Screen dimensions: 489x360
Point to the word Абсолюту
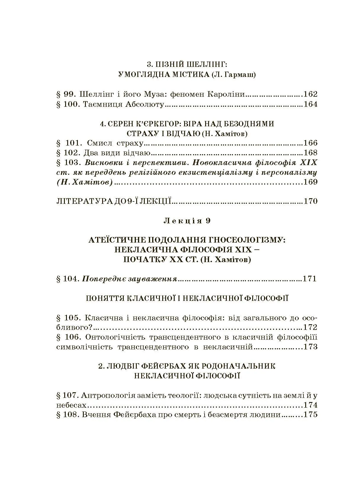(145, 104)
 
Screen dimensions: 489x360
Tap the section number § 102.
(68, 153)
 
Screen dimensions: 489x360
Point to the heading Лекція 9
(187, 221)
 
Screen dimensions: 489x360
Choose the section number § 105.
(68, 318)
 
